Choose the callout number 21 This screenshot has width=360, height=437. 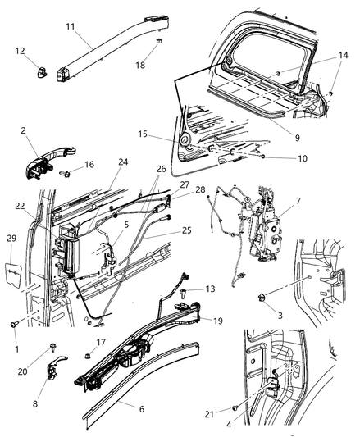234,407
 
